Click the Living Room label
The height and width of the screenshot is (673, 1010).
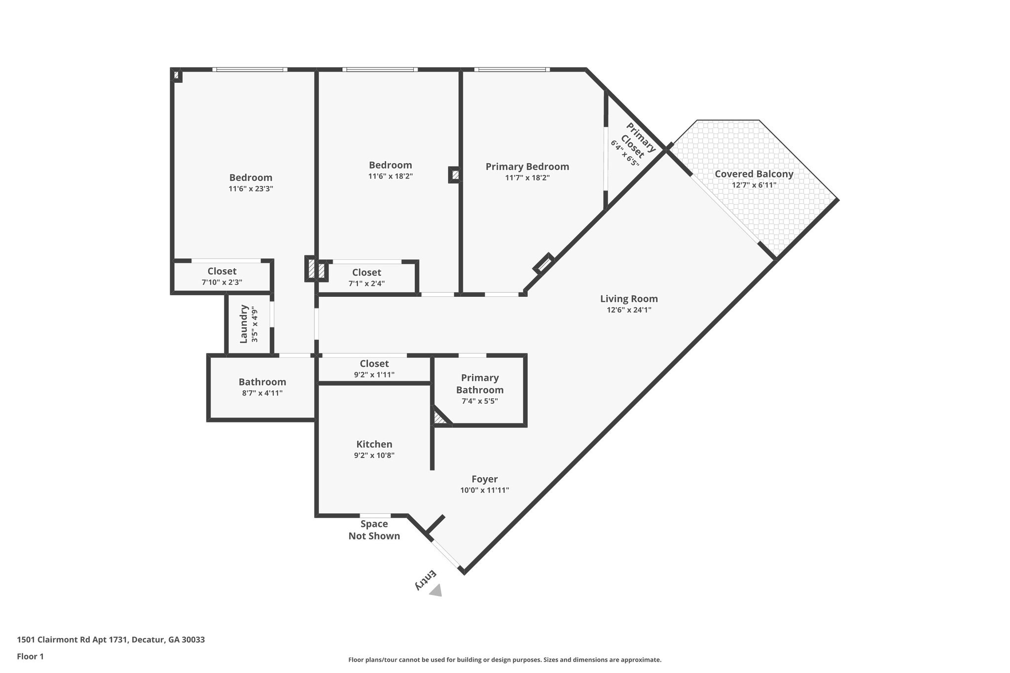point(629,299)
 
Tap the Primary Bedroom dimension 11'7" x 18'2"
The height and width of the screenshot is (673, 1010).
point(527,178)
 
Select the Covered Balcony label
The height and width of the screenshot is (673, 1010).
point(754,174)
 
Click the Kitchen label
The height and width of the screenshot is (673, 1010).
point(374,444)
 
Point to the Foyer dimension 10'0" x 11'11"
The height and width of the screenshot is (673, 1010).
point(484,490)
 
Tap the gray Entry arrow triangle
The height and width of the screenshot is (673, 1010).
point(436,591)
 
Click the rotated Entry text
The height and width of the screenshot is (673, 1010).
point(425,580)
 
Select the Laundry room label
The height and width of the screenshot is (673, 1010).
point(244,324)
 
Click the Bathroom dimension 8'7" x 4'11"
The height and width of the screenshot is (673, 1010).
point(262,393)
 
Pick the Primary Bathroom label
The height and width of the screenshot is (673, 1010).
point(479,384)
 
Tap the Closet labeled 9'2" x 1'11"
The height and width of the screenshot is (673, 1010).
point(374,364)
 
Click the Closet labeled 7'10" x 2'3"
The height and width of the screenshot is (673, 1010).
point(221,272)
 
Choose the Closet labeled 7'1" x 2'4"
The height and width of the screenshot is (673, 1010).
point(366,273)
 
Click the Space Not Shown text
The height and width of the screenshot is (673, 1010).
point(374,530)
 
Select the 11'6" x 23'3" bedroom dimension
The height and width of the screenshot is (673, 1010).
point(251,189)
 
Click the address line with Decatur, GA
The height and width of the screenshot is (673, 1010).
point(111,640)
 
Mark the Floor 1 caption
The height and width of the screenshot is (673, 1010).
point(31,656)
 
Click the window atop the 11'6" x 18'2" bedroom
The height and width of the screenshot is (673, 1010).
point(380,70)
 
